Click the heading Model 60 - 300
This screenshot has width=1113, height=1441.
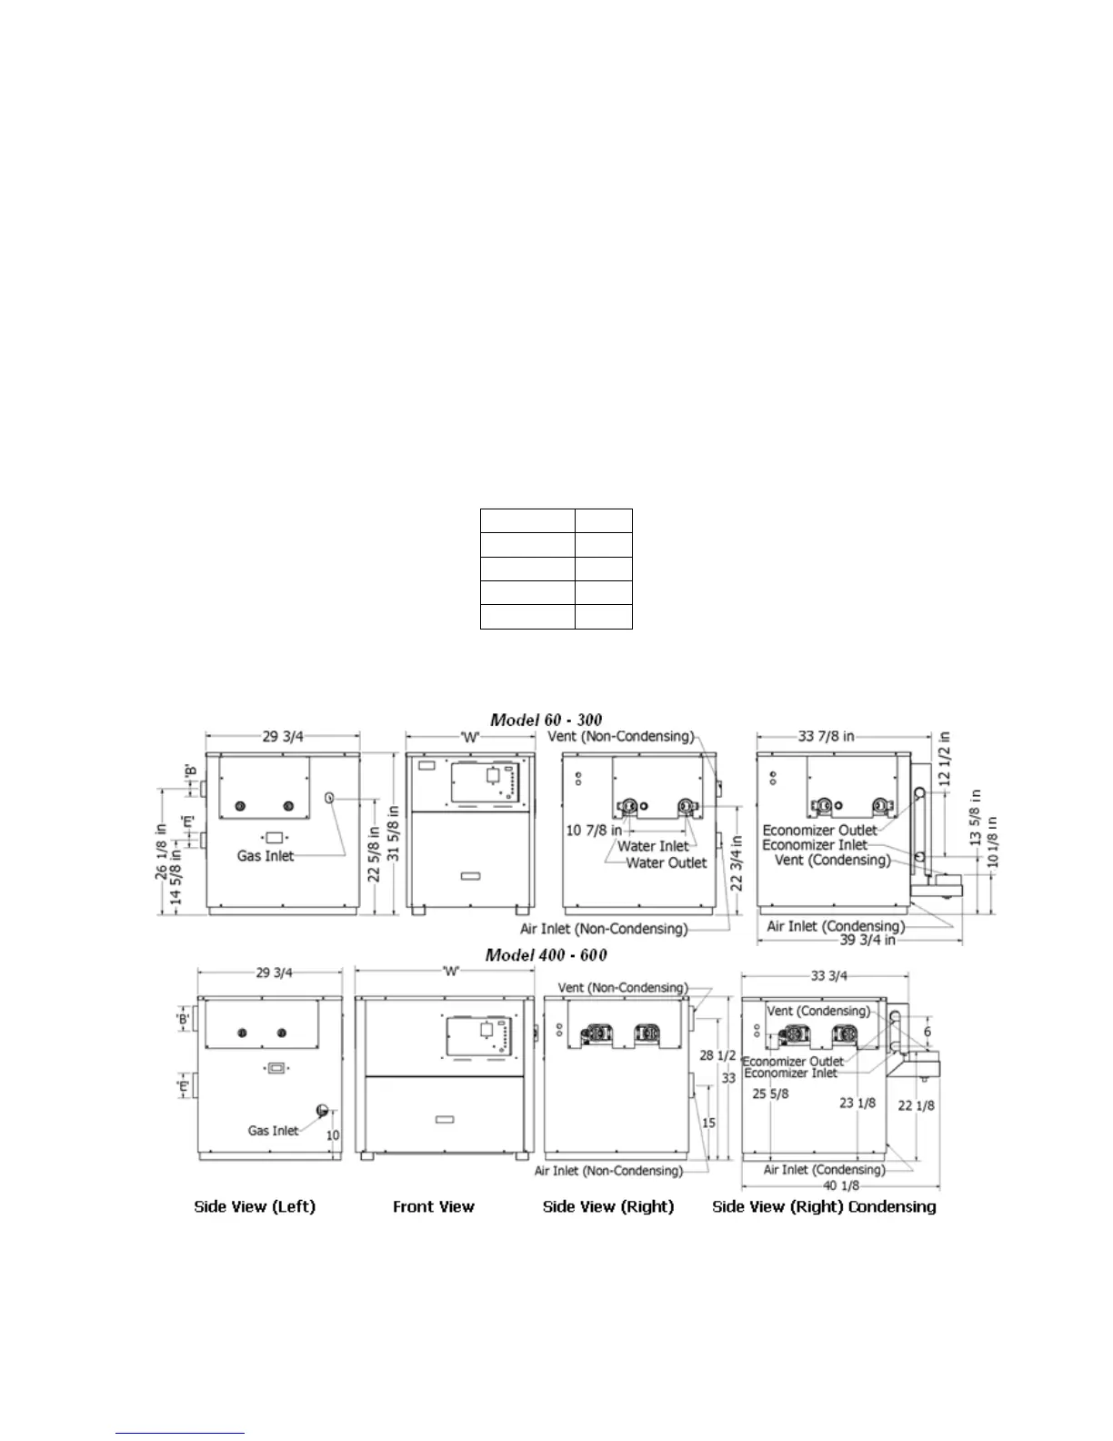pos(546,720)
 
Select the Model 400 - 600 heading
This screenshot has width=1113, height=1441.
pos(546,954)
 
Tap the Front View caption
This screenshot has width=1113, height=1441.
pos(434,1206)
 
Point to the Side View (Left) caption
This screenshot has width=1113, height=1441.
pos(255,1206)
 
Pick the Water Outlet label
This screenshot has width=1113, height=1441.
pos(666,862)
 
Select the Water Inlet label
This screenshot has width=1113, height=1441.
pos(653,846)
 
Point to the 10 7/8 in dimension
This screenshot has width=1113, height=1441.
pos(594,830)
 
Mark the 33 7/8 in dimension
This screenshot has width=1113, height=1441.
pos(826,736)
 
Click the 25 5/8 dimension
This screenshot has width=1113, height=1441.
pos(770,1093)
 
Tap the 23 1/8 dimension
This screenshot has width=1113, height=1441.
pos(857,1103)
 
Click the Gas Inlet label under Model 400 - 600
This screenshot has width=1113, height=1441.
pos(273,1130)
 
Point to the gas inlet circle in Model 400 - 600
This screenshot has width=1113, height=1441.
pos(321,1110)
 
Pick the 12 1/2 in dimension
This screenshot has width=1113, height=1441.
pos(944,760)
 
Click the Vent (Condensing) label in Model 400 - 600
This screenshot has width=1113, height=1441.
pos(817,1011)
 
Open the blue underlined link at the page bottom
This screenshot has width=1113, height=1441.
pos(181,1433)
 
